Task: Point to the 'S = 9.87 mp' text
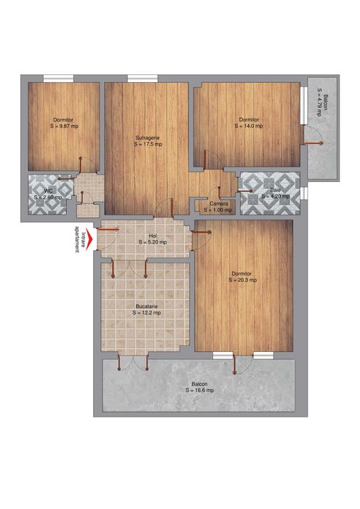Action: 63,125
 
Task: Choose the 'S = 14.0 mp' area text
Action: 249,125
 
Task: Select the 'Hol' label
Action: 153,236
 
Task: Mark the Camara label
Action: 219,204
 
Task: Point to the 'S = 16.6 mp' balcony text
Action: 199,390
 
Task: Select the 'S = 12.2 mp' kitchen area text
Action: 147,313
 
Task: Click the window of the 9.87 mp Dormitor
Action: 57,79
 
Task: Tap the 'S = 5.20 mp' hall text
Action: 153,242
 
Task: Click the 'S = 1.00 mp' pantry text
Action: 219,210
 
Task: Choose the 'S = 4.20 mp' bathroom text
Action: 276,196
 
